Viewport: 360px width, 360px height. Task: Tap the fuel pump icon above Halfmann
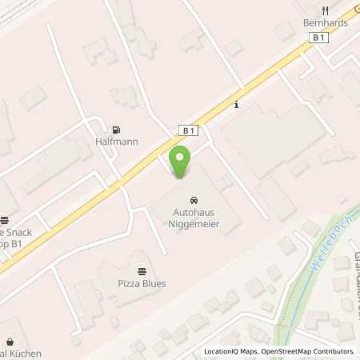(118, 129)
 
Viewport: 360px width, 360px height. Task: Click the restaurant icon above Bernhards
(324, 10)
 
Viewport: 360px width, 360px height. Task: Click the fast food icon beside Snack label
(4, 220)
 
